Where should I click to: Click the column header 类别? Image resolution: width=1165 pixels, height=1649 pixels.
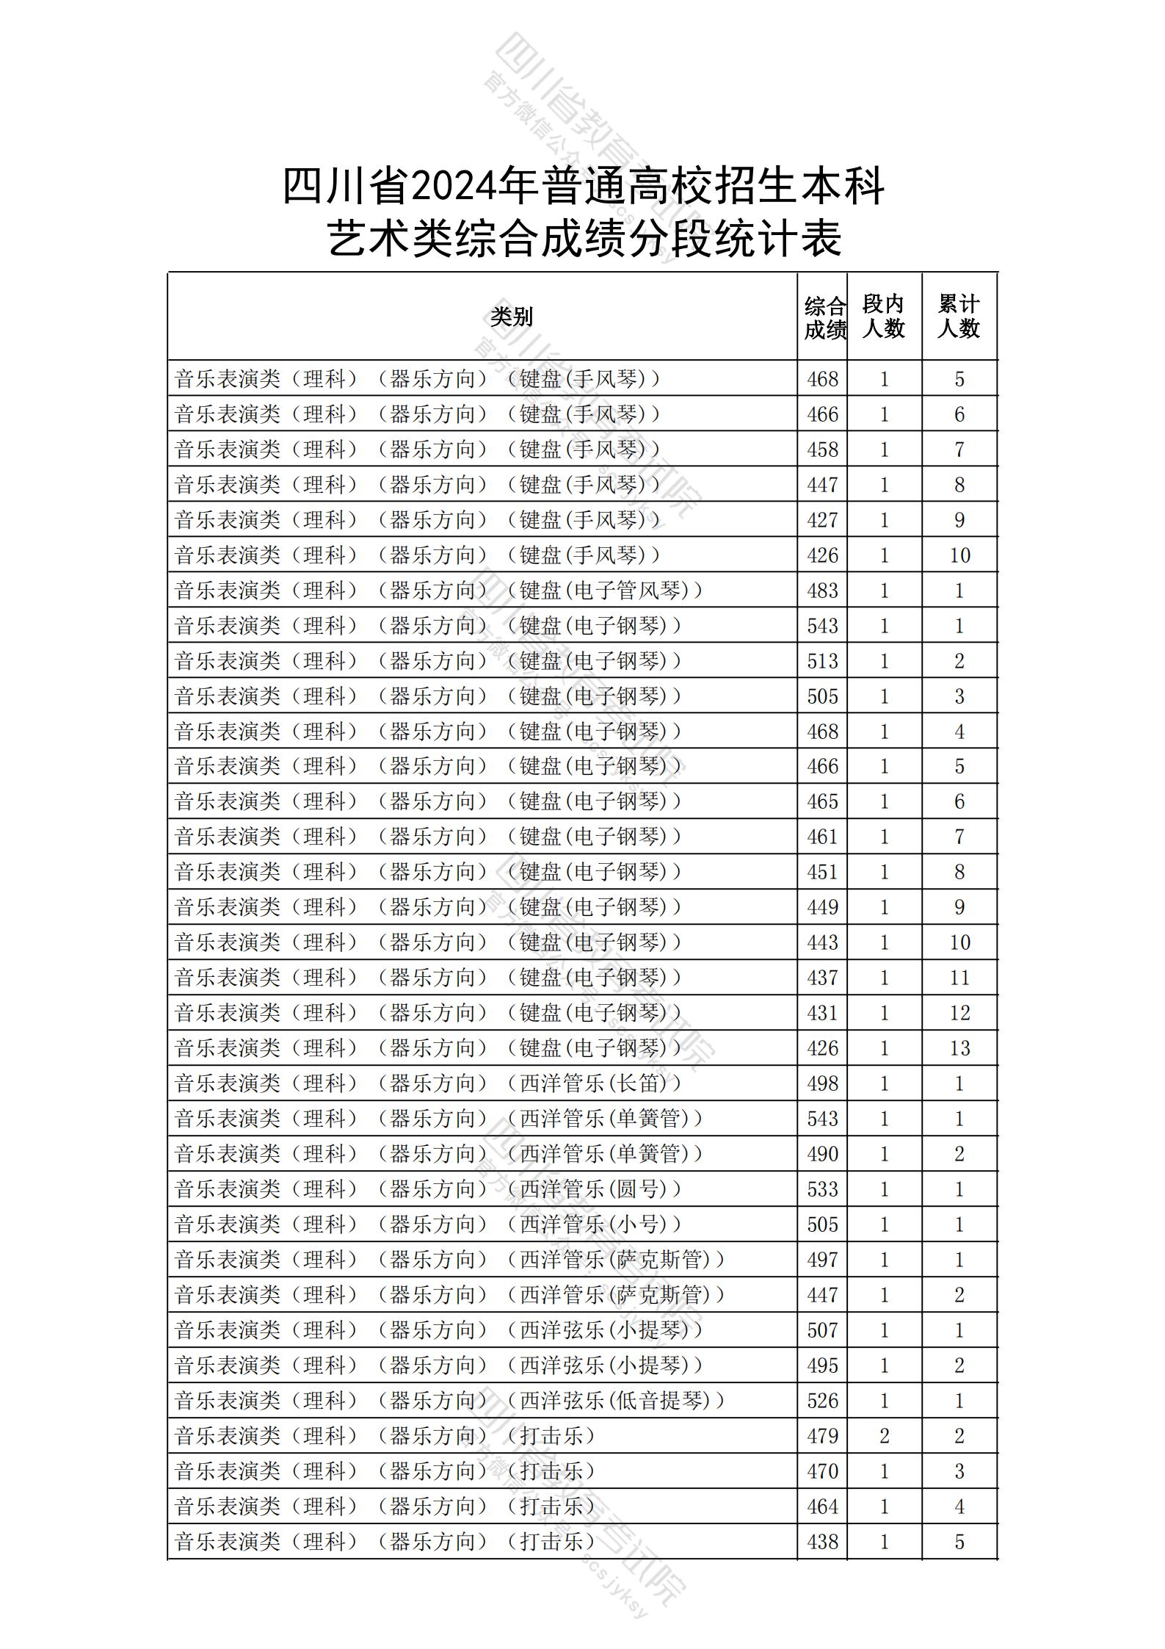click(x=512, y=317)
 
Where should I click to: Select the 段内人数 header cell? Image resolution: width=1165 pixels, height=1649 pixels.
click(x=883, y=317)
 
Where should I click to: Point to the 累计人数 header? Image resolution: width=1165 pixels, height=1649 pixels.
click(x=958, y=317)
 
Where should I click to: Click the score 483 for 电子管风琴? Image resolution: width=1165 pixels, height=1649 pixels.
click(x=822, y=591)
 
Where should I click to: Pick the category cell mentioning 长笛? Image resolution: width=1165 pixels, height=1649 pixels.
click(x=429, y=1083)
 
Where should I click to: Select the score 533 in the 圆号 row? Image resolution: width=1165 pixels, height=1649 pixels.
click(x=822, y=1189)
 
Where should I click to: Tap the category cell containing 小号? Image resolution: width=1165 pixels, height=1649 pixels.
click(x=429, y=1224)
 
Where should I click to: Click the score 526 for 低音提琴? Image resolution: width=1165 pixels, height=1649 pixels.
click(x=822, y=1401)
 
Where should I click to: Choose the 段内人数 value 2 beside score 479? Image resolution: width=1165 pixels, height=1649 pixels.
click(x=884, y=1436)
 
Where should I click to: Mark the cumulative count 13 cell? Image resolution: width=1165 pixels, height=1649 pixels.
click(x=959, y=1048)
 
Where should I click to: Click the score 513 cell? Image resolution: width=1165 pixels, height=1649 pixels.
click(x=822, y=661)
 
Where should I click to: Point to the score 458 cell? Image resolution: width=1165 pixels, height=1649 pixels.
click(x=822, y=450)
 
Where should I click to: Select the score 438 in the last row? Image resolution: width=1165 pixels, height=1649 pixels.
click(x=822, y=1542)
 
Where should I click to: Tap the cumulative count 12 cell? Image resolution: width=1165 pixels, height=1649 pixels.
click(x=959, y=1013)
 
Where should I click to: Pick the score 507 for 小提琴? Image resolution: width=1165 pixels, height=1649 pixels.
click(x=822, y=1330)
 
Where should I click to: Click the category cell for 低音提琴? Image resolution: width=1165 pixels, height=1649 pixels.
click(x=450, y=1401)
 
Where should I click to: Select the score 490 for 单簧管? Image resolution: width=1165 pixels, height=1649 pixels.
click(x=822, y=1154)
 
